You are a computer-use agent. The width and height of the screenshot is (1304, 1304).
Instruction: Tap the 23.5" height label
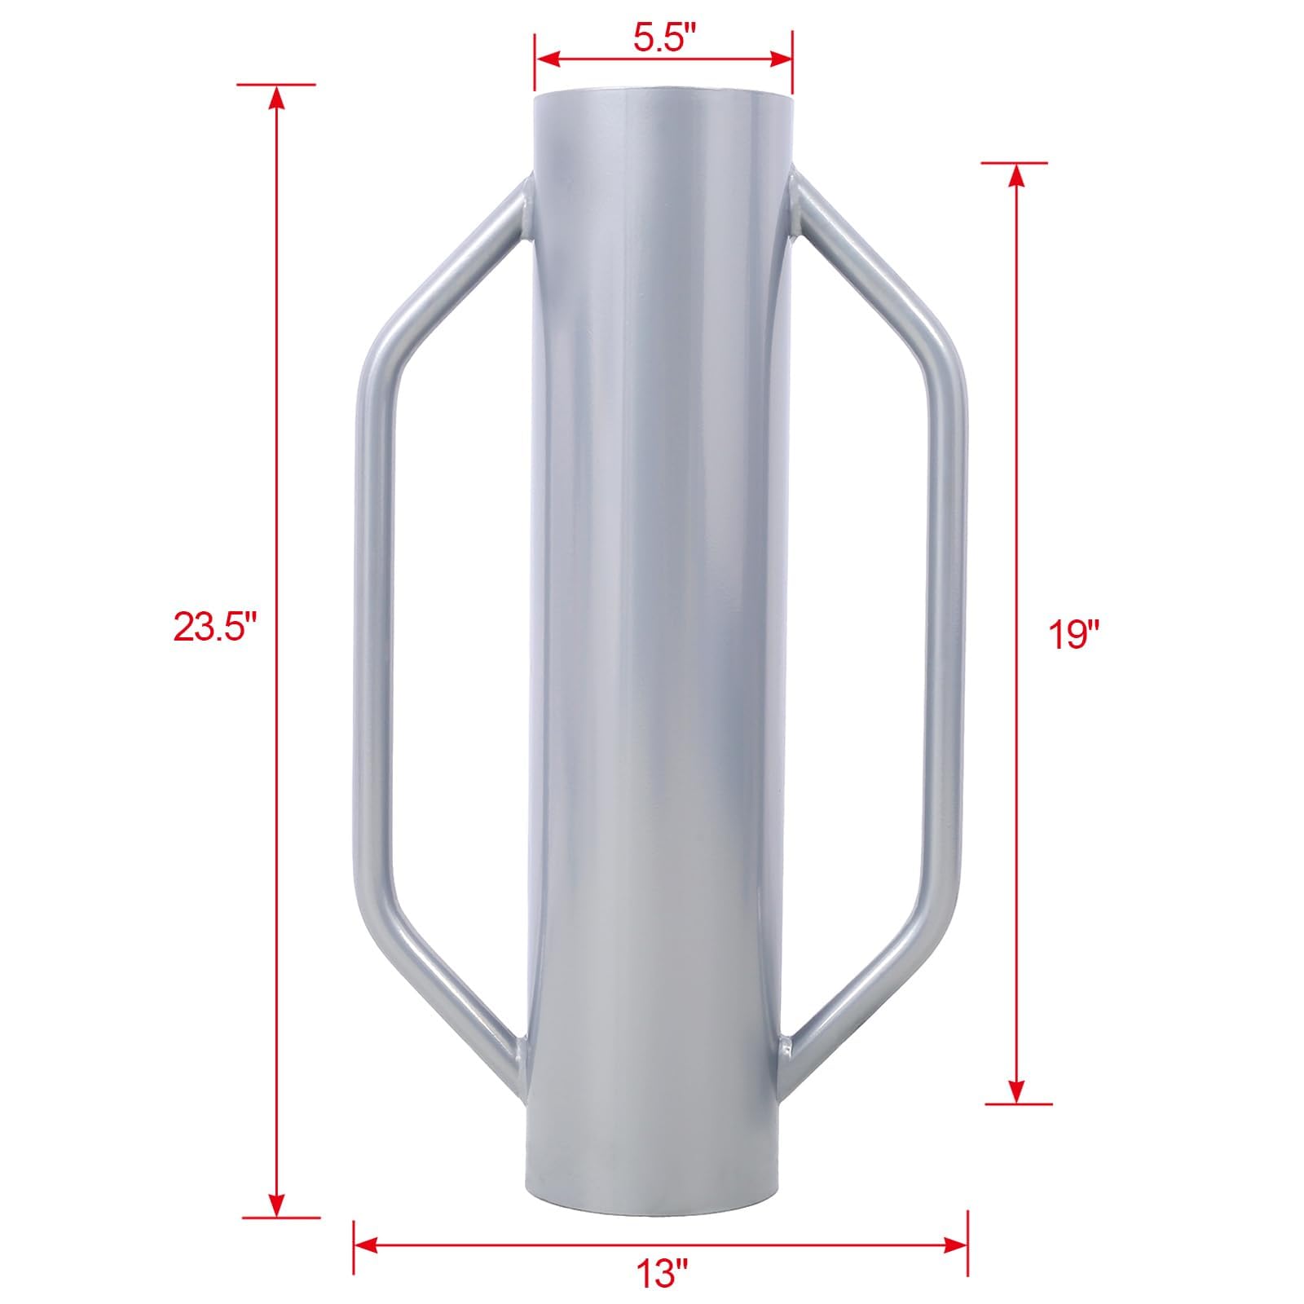(215, 628)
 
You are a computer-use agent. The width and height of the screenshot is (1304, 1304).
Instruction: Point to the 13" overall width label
(663, 1271)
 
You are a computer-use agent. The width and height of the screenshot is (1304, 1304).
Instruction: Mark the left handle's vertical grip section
(366, 628)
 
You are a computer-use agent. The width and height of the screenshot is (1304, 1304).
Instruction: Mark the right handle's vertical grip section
(956, 628)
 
